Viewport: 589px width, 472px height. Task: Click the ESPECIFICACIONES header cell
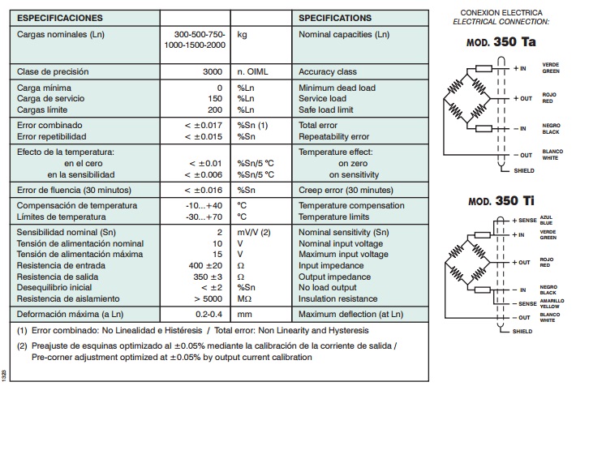[x=60, y=18]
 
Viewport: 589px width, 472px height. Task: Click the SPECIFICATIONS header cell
[x=335, y=18]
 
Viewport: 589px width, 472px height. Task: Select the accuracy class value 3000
[x=212, y=71]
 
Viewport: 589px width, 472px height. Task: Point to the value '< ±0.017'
[x=202, y=126]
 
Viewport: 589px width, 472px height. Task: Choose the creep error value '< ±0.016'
[x=202, y=190]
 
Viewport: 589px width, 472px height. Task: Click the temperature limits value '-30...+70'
[x=204, y=217]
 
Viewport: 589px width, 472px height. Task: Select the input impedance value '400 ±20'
[x=205, y=265]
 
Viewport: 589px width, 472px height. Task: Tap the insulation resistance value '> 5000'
[x=207, y=299]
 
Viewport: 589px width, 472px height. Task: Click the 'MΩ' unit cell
[x=245, y=299]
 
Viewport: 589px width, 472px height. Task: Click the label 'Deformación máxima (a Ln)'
[x=71, y=314]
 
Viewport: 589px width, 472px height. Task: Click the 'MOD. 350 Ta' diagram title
[x=500, y=41]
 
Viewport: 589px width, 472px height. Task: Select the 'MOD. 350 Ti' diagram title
[x=500, y=201]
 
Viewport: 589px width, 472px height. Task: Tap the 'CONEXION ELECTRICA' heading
[x=500, y=12]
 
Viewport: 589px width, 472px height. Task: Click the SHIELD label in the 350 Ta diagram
[x=525, y=171]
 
